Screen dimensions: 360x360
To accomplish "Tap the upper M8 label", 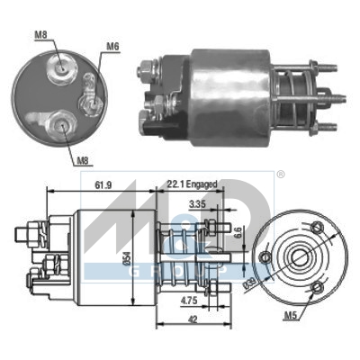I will coord(40,35).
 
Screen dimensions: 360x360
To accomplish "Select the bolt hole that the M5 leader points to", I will coord(316,289).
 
